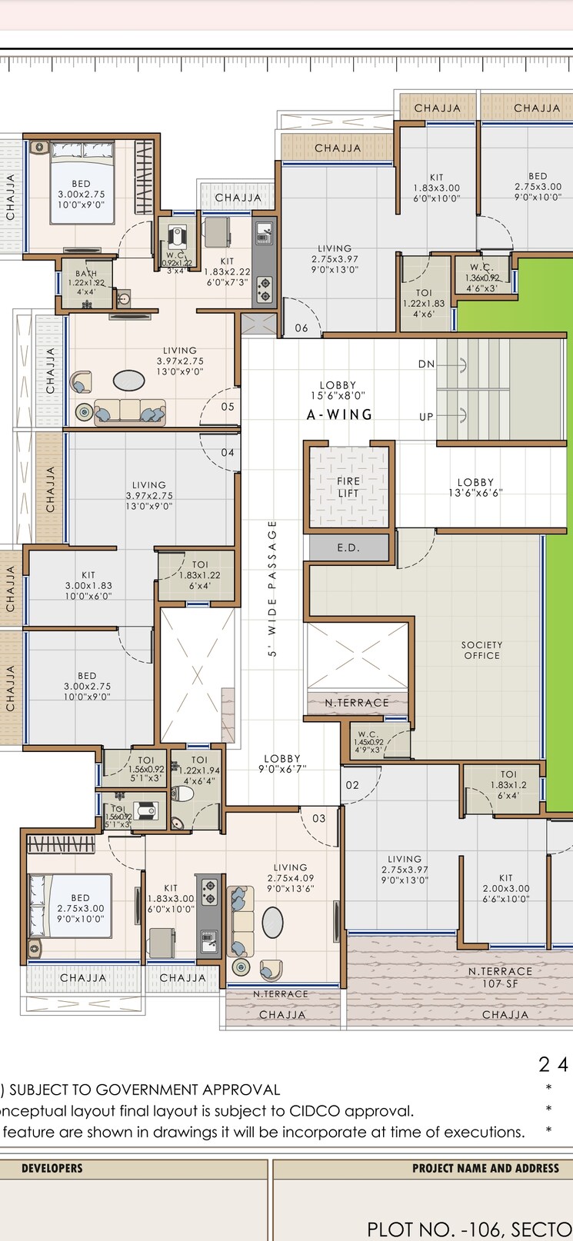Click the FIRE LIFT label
[x=348, y=487]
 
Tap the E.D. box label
[x=348, y=547]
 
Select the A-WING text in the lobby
[x=339, y=414]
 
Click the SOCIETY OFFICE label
[x=482, y=650]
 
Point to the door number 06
[x=301, y=328]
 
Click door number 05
[x=228, y=407]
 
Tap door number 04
[x=228, y=453]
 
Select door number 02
[x=352, y=785]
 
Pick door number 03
[x=319, y=818]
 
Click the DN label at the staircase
[x=426, y=364]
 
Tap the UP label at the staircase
[x=426, y=417]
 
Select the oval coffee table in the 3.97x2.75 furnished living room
[x=128, y=381]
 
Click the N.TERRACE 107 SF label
[x=500, y=977]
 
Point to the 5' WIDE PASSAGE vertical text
[x=272, y=588]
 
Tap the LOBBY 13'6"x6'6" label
[x=475, y=487]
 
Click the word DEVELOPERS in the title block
[x=52, y=1168]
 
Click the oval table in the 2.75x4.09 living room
[x=272, y=922]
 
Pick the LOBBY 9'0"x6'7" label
[x=282, y=764]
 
